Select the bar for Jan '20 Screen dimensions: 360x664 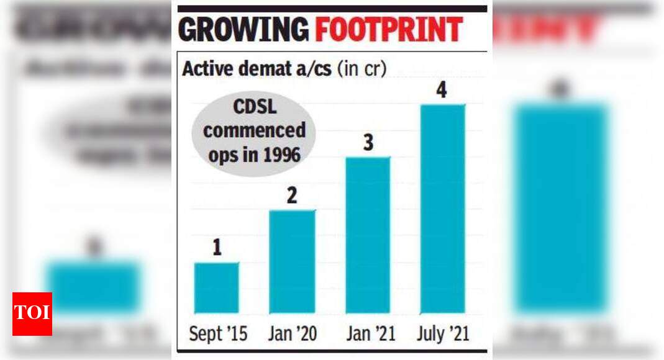292,261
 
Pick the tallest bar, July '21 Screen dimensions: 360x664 442,209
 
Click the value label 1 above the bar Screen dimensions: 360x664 217,249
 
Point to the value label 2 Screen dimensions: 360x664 292,196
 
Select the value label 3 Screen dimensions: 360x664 368,143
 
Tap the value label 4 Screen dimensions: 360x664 442,91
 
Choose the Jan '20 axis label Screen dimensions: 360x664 292,335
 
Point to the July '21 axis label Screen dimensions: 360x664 442,335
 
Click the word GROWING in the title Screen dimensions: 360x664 244,30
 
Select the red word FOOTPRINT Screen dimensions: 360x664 389,30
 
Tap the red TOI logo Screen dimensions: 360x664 32,313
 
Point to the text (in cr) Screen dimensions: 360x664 362,68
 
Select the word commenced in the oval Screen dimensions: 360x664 255,132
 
